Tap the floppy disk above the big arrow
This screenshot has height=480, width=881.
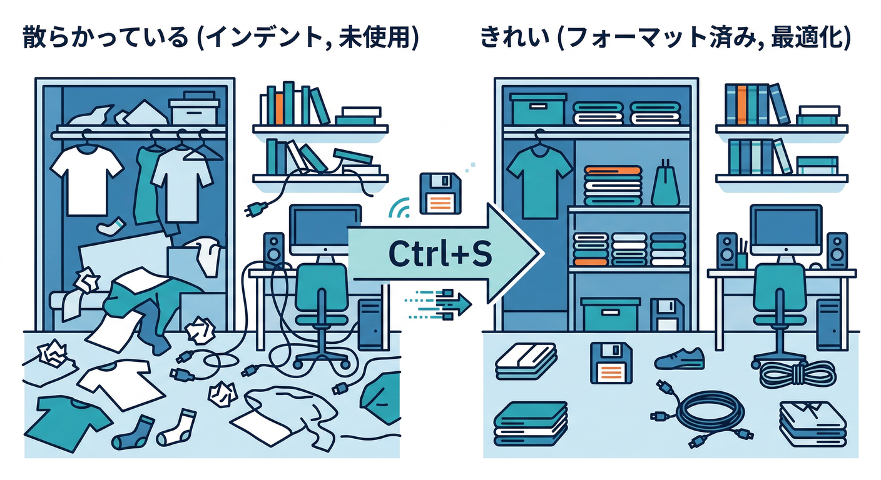click(440, 193)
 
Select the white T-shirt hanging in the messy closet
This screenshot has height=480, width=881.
click(87, 180)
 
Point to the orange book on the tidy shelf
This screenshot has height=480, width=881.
click(741, 104)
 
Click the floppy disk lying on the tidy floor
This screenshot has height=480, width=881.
click(611, 364)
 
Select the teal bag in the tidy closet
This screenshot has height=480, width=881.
click(666, 184)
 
